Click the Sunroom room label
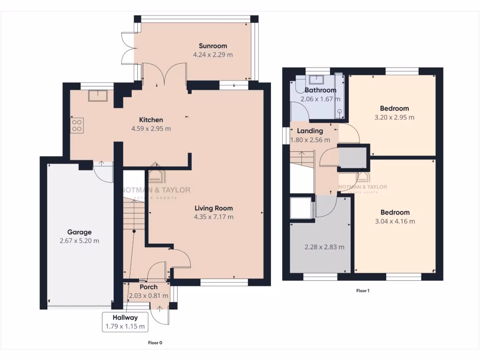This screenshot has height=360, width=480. (213, 46)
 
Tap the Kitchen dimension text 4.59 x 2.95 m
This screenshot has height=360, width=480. (151, 128)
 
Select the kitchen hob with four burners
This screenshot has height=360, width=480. (76, 125)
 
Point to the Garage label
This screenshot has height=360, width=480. (79, 232)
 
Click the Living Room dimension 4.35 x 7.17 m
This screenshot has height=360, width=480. (213, 217)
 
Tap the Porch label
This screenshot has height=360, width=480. (149, 287)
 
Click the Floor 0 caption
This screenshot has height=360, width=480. (155, 343)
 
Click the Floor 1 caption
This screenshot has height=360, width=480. (363, 291)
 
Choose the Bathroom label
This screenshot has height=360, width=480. (320, 90)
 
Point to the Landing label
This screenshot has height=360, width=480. (310, 131)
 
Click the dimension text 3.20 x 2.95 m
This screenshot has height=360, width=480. (395, 118)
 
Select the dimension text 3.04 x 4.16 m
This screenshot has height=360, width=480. (395, 221)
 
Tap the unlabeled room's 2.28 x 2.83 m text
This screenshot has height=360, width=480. (324, 247)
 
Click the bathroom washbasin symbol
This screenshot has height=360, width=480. (320, 78)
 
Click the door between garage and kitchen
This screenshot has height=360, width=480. (103, 172)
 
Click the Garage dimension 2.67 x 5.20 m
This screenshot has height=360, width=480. (79, 241)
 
